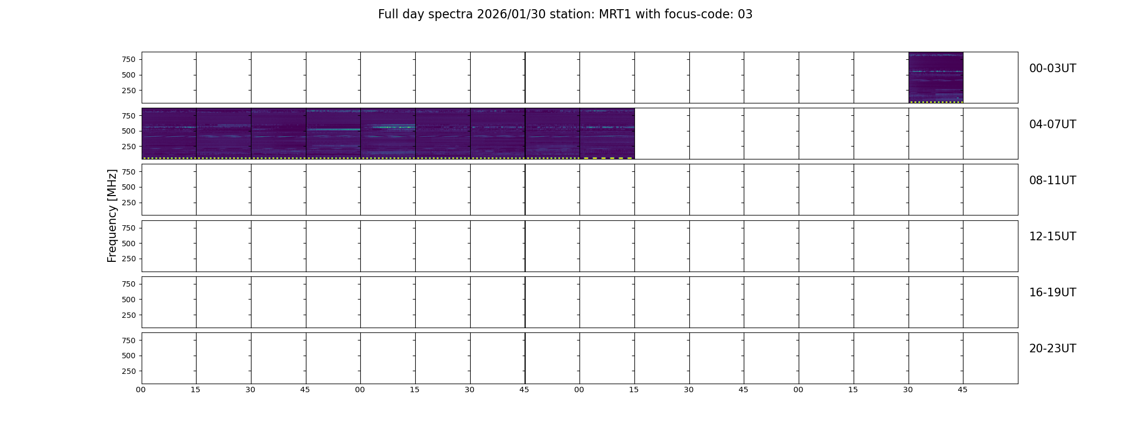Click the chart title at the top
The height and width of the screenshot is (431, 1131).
(x=565, y=15)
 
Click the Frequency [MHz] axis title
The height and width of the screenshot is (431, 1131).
(x=112, y=216)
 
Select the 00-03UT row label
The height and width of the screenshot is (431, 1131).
(x=1052, y=68)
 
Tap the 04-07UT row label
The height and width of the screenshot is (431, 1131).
(x=1052, y=124)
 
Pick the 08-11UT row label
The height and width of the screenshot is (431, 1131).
(x=1052, y=180)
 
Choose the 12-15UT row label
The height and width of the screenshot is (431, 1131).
(x=1052, y=237)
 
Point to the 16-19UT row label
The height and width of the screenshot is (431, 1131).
(x=1052, y=293)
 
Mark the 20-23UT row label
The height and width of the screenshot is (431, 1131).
(x=1052, y=349)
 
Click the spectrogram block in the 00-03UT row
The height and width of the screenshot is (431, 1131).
(x=935, y=78)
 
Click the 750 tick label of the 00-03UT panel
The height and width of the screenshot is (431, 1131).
(x=129, y=59)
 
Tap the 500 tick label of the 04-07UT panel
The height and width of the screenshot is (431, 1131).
(x=129, y=131)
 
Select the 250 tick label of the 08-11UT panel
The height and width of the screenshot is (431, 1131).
(x=129, y=203)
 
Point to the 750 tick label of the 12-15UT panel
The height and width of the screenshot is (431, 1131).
(x=129, y=228)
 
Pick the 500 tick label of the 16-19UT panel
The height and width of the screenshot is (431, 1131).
(x=129, y=300)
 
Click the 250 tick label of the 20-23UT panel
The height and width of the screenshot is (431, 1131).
(x=129, y=371)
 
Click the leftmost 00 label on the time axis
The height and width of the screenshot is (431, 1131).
(x=141, y=390)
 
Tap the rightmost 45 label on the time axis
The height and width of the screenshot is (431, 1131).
(x=962, y=390)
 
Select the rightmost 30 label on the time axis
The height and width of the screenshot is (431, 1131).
(x=908, y=390)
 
